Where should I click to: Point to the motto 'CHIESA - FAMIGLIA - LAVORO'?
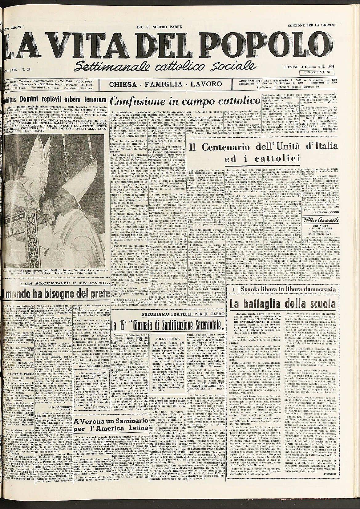[167, 84]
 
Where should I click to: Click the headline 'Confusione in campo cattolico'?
[184, 101]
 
